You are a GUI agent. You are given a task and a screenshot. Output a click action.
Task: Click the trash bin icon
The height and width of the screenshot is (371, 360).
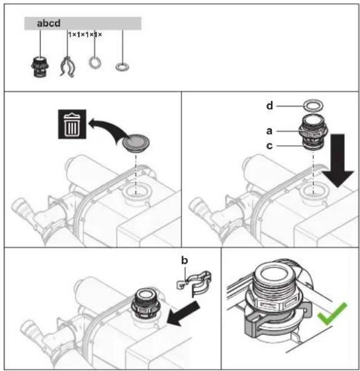click(72, 124)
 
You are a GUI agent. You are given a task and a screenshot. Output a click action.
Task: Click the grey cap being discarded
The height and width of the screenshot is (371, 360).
click(136, 144)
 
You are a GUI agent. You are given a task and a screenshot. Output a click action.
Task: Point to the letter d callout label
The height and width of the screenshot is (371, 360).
click(269, 106)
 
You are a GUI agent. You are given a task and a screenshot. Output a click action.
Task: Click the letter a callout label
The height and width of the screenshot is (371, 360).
click(269, 131)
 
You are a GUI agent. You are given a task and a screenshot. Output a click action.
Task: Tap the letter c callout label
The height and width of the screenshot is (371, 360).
click(269, 146)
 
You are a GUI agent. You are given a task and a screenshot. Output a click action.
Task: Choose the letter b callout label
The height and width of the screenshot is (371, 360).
click(184, 260)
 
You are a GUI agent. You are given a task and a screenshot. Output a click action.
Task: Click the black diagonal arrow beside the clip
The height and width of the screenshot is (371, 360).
click(183, 314)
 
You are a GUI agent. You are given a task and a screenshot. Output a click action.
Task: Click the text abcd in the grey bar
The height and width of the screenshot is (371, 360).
click(49, 23)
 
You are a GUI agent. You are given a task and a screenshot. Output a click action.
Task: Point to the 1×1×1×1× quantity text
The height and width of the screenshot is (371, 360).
click(85, 35)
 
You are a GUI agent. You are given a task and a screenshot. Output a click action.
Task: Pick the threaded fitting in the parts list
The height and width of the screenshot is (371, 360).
click(40, 67)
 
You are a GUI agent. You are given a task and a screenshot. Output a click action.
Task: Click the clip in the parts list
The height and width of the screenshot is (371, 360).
click(67, 68)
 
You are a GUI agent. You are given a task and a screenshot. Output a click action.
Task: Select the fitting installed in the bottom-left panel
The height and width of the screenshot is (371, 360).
click(146, 303)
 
